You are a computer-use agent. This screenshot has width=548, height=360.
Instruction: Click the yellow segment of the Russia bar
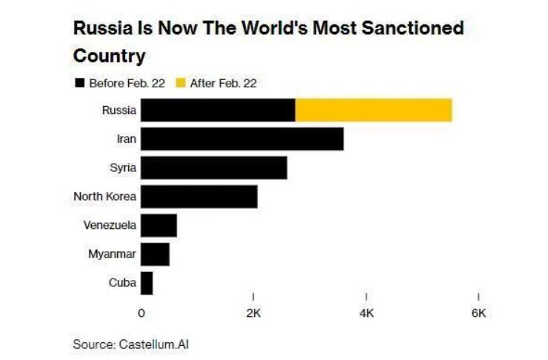pyautogui.click(x=373, y=110)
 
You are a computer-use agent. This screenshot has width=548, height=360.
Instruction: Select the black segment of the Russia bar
pyautogui.click(x=218, y=110)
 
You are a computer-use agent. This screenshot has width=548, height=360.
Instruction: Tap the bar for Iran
pyautogui.click(x=242, y=139)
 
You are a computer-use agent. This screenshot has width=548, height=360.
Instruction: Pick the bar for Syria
pyautogui.click(x=213, y=167)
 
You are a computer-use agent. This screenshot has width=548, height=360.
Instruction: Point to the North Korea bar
pyautogui.click(x=198, y=196)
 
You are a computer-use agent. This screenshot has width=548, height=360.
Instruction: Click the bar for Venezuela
pyautogui.click(x=158, y=225)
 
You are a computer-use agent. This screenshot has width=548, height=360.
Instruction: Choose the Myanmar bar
pyautogui.click(x=155, y=254)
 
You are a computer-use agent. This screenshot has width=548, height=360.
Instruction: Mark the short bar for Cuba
pyautogui.click(x=147, y=283)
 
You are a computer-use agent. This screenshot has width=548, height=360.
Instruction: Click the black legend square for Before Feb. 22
pyautogui.click(x=79, y=83)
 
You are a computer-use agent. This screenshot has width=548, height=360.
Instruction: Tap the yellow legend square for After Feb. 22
pyautogui.click(x=180, y=83)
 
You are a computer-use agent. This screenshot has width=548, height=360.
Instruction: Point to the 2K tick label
pyautogui.click(x=253, y=313)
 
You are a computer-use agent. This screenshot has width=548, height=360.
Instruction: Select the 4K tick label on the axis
pyautogui.click(x=366, y=313)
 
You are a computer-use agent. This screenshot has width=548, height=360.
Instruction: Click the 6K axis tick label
pyautogui.click(x=478, y=313)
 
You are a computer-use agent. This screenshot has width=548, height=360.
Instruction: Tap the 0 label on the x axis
pyautogui.click(x=141, y=313)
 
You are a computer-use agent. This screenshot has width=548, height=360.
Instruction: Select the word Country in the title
pyautogui.click(x=109, y=56)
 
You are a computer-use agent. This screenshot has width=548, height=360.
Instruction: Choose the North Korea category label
pyautogui.click(x=105, y=196)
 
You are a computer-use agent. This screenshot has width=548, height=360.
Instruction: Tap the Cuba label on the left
pyautogui.click(x=122, y=283)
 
